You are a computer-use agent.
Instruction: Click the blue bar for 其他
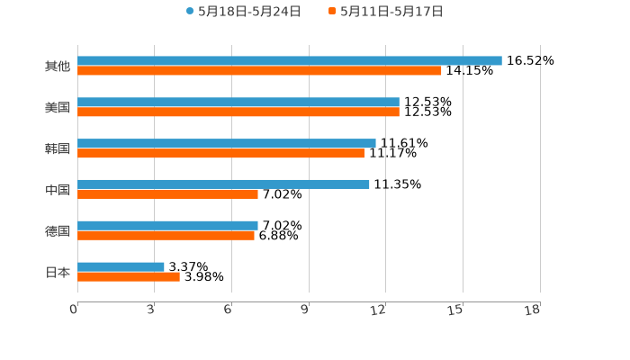(x=290, y=60)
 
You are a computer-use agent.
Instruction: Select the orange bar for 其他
(x=259, y=70)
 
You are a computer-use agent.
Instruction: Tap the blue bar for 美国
(x=238, y=102)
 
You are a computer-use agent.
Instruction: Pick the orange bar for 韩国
(x=220, y=153)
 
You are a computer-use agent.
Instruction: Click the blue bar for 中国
(x=223, y=184)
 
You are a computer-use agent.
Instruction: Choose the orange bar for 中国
(x=167, y=193)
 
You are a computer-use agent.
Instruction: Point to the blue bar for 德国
(x=167, y=225)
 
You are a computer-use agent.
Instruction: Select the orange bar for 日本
(x=129, y=276)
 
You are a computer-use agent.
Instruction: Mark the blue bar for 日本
(x=121, y=266)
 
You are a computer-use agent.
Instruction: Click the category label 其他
(x=58, y=66)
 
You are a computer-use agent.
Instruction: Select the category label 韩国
(x=58, y=148)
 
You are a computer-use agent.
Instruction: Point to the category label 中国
(x=58, y=189)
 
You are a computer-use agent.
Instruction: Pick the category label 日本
(x=58, y=272)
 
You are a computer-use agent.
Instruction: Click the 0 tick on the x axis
(x=74, y=310)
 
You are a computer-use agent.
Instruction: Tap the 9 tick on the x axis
(x=305, y=310)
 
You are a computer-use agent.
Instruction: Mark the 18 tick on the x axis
(x=533, y=310)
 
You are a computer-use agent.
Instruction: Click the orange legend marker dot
(x=332, y=12)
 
